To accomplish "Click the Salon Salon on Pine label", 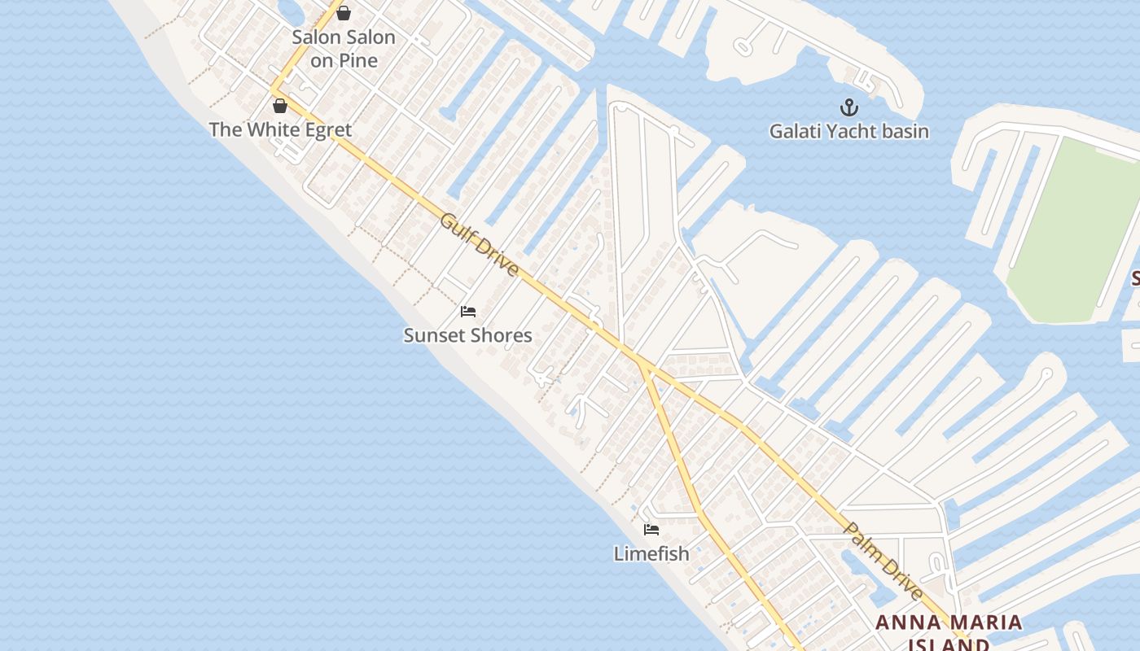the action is tap(344, 49).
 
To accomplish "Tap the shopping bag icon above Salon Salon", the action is tap(344, 13).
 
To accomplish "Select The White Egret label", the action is tap(280, 129).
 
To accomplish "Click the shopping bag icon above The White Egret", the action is tap(280, 106).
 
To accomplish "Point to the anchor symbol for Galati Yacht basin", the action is tap(849, 107).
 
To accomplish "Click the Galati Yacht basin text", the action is tap(849, 131).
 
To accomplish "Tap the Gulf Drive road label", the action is tap(480, 244).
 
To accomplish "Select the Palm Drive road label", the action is tap(883, 561).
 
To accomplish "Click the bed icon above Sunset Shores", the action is tap(467, 312).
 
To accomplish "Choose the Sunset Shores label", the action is tap(467, 335).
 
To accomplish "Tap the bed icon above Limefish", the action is tap(651, 530).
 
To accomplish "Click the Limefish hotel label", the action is tap(651, 553).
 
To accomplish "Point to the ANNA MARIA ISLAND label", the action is tap(949, 633).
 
